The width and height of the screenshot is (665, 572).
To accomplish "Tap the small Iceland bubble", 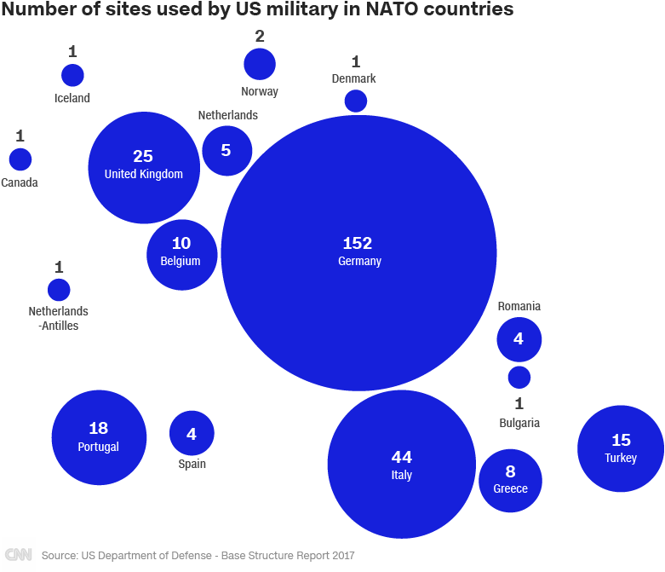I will pyautogui.click(x=72, y=75).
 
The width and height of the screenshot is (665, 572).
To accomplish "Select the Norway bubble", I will pyautogui.click(x=260, y=64).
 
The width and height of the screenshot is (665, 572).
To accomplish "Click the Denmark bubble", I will pyautogui.click(x=356, y=101).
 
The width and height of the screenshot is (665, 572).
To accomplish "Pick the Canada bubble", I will pyautogui.click(x=20, y=159).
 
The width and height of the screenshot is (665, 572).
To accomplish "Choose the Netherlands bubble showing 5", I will pyautogui.click(x=226, y=151).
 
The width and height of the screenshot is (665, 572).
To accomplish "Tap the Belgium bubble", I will pyautogui.click(x=182, y=256).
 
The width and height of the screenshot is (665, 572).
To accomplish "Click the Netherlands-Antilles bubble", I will pyautogui.click(x=59, y=290).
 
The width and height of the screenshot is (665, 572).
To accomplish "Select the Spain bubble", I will pyautogui.click(x=192, y=433).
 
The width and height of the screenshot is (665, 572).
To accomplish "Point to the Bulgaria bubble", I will pyautogui.click(x=519, y=377).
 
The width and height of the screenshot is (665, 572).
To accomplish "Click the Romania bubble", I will pyautogui.click(x=519, y=339).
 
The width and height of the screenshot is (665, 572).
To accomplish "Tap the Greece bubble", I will pyautogui.click(x=510, y=480).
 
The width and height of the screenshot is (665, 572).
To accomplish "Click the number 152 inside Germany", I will pyautogui.click(x=358, y=244).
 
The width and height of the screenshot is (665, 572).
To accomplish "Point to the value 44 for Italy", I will pyautogui.click(x=402, y=457).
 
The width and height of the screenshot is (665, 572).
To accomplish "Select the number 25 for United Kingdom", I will pyautogui.click(x=143, y=156).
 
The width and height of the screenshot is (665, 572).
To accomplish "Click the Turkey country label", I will pyautogui.click(x=621, y=458).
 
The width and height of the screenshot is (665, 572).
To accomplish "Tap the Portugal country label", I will pyautogui.click(x=99, y=447).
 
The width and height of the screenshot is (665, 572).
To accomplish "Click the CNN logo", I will pyautogui.click(x=18, y=555).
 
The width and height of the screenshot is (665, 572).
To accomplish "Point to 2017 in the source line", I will pyautogui.click(x=341, y=556).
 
